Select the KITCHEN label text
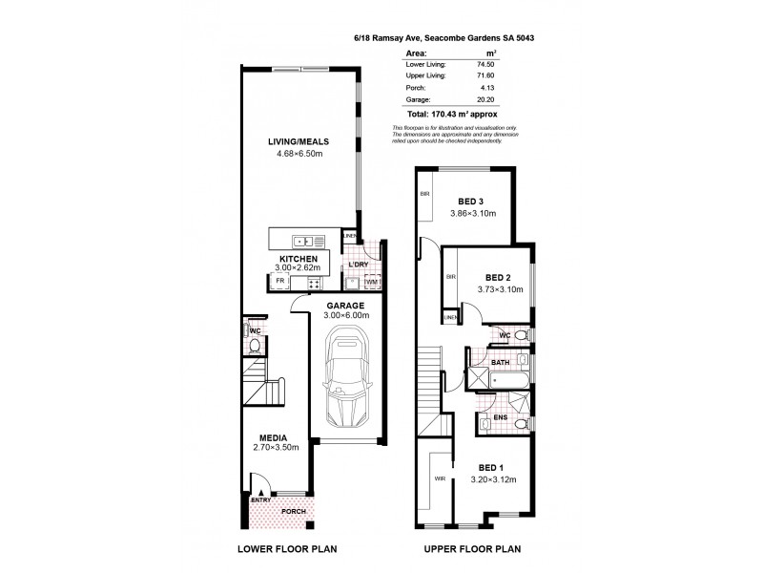(x=298, y=259)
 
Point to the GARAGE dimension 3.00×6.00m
(x=344, y=315)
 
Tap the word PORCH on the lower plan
(x=294, y=511)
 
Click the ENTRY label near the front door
(x=259, y=500)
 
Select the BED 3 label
(x=471, y=201)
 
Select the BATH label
(x=500, y=364)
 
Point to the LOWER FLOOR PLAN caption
(x=288, y=549)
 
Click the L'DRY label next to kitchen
(x=359, y=264)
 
